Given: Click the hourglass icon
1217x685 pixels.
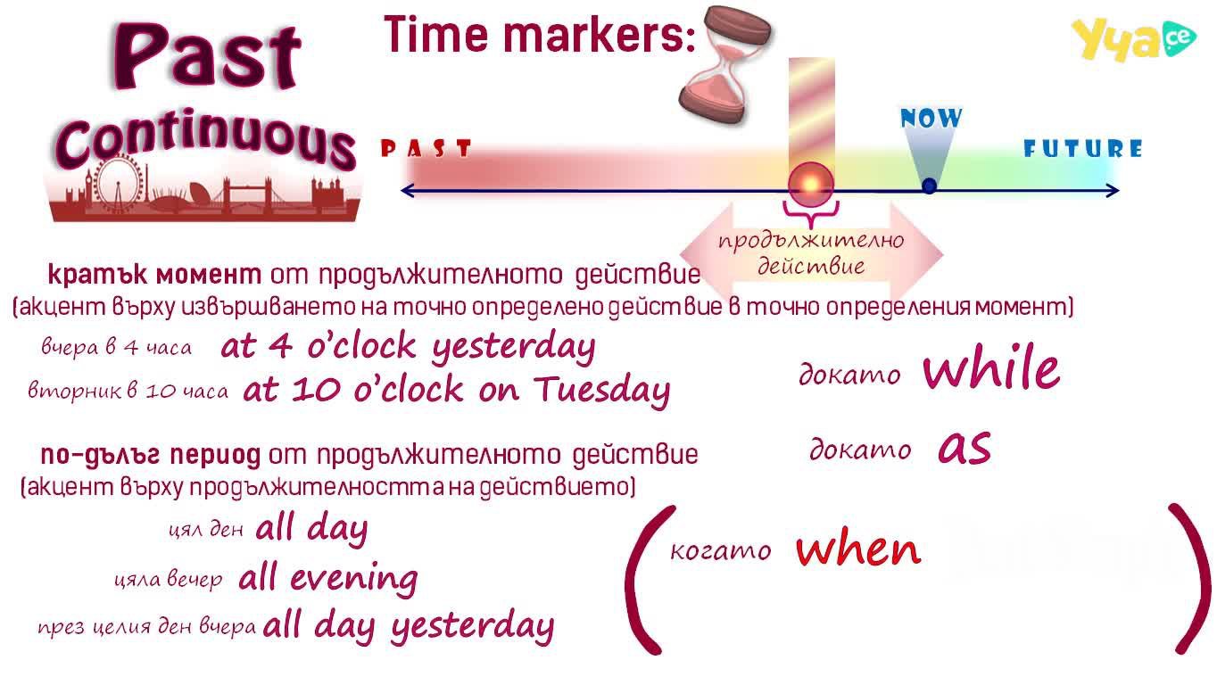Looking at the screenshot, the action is click(725, 65).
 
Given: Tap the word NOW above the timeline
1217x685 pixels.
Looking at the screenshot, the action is click(931, 118).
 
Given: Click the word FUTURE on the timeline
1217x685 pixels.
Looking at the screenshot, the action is click(1083, 148).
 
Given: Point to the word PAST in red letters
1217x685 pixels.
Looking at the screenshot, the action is click(426, 148).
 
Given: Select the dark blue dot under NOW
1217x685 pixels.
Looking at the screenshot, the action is click(929, 186).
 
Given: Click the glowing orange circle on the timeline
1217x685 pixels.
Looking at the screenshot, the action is click(811, 185).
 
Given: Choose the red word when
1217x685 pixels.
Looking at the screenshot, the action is click(858, 549).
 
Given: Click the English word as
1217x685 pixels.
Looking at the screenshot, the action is click(964, 449).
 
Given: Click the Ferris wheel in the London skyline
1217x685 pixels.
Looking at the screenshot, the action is click(117, 184).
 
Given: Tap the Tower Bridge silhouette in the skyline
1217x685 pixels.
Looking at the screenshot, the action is click(247, 194).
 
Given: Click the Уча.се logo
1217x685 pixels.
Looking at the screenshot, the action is click(1133, 39).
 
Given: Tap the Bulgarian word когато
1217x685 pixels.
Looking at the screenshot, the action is click(720, 550).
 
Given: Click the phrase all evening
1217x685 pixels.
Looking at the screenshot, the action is click(328, 578).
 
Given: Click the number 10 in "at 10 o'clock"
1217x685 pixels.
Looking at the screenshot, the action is click(316, 390).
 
